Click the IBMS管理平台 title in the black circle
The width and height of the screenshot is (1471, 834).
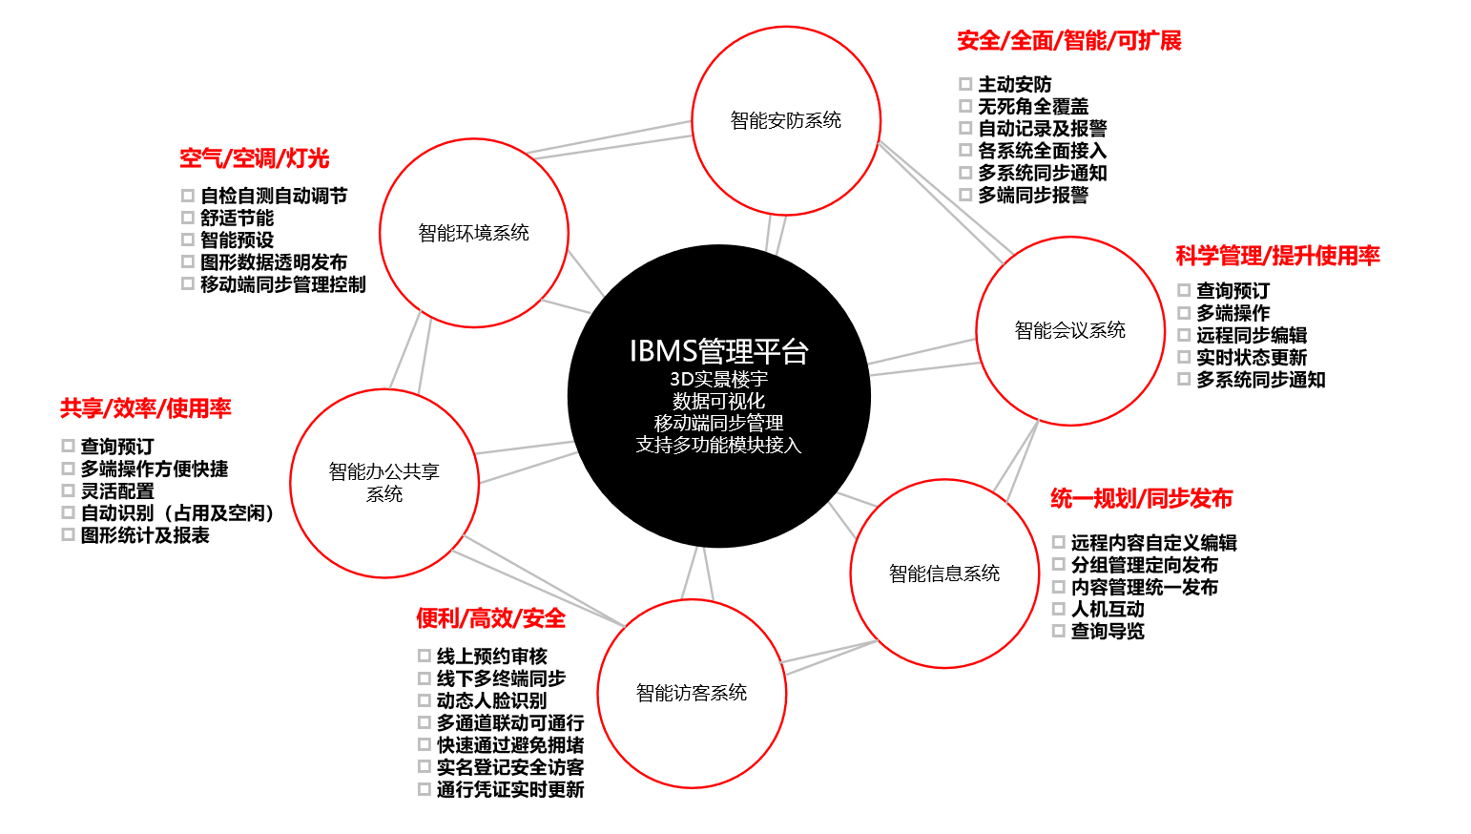tap(718, 351)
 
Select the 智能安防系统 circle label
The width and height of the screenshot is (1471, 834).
tap(786, 120)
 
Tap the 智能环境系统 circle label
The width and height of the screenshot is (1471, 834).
tap(473, 233)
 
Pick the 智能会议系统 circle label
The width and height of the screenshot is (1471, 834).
tap(1070, 330)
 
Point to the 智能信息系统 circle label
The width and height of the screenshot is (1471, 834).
tap(944, 573)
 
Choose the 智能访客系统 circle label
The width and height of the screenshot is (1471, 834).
tap(692, 693)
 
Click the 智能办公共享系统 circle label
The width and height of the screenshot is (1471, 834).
tap(384, 482)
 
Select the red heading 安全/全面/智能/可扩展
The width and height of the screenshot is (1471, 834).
tap(1068, 41)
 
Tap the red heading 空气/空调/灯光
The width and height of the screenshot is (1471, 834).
tap(254, 158)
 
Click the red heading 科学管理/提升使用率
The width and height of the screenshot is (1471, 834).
tap(1277, 256)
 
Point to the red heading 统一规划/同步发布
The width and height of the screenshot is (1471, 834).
tap(1141, 498)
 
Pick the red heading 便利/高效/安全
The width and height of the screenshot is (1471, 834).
tap(490, 618)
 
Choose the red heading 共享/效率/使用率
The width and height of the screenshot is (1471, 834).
tap(145, 408)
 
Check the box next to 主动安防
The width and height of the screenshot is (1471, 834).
tap(965, 84)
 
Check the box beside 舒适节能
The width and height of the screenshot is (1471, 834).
tap(188, 218)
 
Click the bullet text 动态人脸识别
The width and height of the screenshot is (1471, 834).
tap(491, 700)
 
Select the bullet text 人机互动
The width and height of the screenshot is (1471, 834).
tap(1108, 609)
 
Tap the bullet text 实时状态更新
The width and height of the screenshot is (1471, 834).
tap(1252, 358)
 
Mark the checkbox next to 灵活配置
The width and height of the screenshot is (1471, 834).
tap(68, 490)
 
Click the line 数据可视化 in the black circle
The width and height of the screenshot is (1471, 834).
tap(718, 402)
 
